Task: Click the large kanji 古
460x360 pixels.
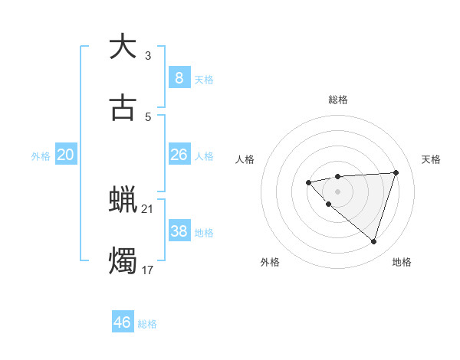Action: (x=123, y=108)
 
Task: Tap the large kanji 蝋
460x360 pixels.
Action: (x=123, y=200)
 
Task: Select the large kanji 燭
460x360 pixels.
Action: (x=123, y=261)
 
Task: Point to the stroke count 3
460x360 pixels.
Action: (x=148, y=55)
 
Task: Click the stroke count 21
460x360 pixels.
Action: (x=148, y=209)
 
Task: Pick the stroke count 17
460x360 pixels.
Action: (x=148, y=270)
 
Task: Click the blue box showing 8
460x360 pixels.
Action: (x=179, y=77)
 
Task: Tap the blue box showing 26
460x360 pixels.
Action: (x=179, y=155)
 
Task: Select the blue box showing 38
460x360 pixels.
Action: (x=179, y=231)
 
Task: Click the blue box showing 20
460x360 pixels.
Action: (x=66, y=155)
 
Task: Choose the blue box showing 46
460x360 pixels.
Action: (x=122, y=322)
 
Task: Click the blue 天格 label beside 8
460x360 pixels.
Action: (x=204, y=79)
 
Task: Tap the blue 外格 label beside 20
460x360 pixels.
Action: (x=41, y=156)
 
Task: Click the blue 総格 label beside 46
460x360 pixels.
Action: (x=147, y=324)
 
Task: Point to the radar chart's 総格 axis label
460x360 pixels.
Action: (x=338, y=100)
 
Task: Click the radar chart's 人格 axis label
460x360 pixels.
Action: (x=245, y=159)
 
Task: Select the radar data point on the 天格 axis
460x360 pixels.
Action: (x=396, y=172)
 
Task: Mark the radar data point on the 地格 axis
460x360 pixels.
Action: (x=373, y=242)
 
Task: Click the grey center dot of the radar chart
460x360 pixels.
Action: (x=338, y=191)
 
